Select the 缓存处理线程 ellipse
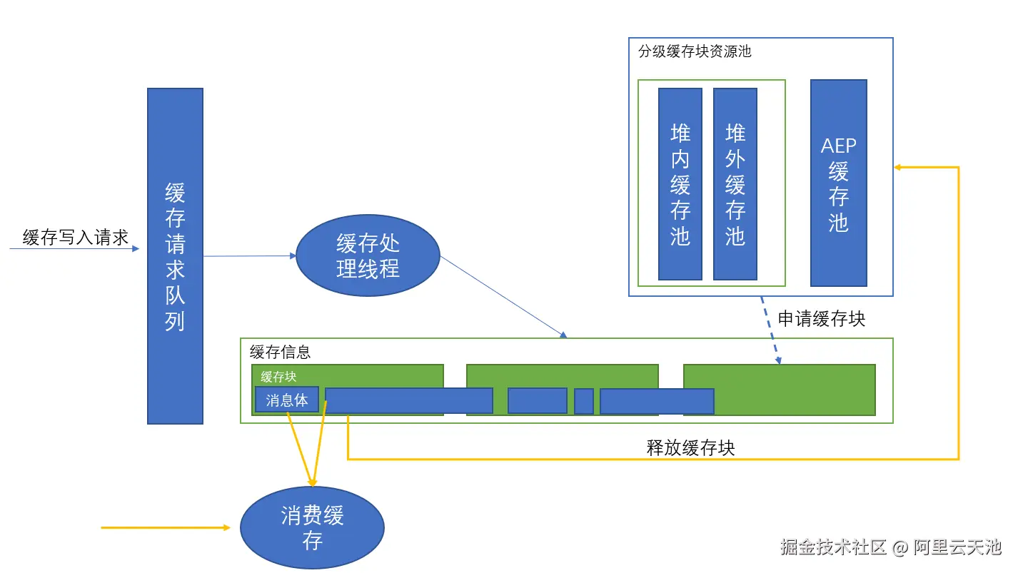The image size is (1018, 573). [x=368, y=255]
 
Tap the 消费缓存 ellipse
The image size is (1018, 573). [x=312, y=527]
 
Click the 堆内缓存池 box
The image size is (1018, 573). [x=680, y=184]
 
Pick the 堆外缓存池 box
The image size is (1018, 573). [x=735, y=184]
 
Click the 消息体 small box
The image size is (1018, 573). [x=286, y=400]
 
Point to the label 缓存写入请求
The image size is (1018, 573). [x=75, y=238]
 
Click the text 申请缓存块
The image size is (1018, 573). [x=821, y=319]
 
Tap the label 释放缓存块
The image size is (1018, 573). [x=690, y=448]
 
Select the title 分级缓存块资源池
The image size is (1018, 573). [x=695, y=51]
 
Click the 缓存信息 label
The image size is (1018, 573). [x=280, y=352]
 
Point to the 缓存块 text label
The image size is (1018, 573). [x=278, y=377]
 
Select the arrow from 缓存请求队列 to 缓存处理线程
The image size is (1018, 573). [x=249, y=255]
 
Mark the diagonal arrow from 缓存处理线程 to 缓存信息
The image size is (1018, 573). [x=503, y=297]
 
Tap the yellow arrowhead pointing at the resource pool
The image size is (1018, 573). [x=899, y=167]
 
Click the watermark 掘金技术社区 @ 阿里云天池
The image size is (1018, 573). [x=890, y=547]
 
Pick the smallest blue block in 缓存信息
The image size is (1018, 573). [x=583, y=401]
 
